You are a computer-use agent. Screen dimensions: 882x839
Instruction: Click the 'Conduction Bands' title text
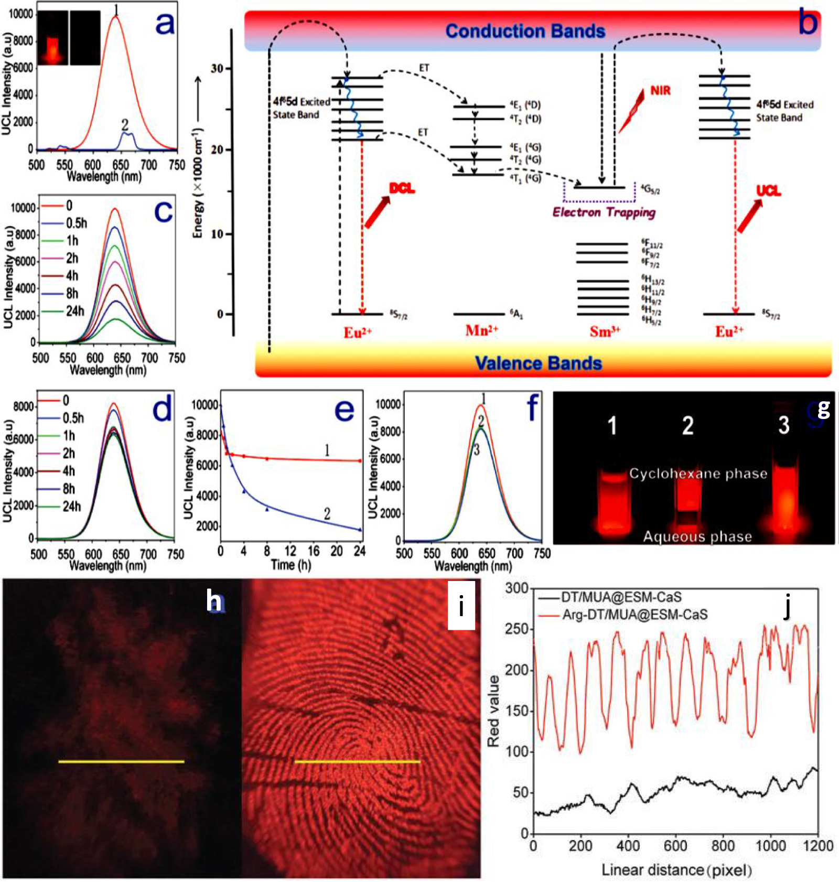(x=525, y=31)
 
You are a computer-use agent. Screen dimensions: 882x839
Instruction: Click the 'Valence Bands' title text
(x=538, y=363)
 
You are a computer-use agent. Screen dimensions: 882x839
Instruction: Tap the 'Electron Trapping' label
(x=604, y=212)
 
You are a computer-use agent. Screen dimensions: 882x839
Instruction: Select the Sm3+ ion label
(x=605, y=331)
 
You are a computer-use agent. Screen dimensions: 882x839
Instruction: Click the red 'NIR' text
(x=660, y=91)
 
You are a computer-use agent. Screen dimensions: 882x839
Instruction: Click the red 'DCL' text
(x=402, y=189)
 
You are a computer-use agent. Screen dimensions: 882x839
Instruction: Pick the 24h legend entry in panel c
(x=74, y=311)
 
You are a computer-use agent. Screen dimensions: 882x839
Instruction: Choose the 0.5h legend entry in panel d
(x=72, y=418)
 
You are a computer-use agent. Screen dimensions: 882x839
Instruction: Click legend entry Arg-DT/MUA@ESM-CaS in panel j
(x=634, y=614)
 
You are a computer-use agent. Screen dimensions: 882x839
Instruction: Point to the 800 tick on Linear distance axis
(x=723, y=845)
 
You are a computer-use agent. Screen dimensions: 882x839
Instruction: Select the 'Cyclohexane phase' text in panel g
(x=698, y=474)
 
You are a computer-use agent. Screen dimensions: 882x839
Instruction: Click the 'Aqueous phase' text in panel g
(x=697, y=536)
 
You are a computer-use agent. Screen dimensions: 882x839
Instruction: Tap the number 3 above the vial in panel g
(x=783, y=425)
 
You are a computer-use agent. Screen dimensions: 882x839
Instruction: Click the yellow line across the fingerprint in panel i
(x=357, y=761)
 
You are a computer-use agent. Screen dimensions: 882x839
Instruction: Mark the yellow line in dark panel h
(x=121, y=761)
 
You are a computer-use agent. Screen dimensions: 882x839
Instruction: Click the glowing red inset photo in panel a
(x=53, y=38)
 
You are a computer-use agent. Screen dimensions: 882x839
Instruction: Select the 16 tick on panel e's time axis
(x=313, y=551)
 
